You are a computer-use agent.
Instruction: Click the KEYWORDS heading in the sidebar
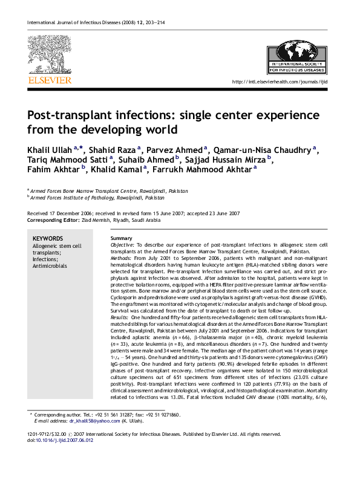tap(48, 238)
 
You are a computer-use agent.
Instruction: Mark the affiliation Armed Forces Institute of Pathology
tap(97, 197)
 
